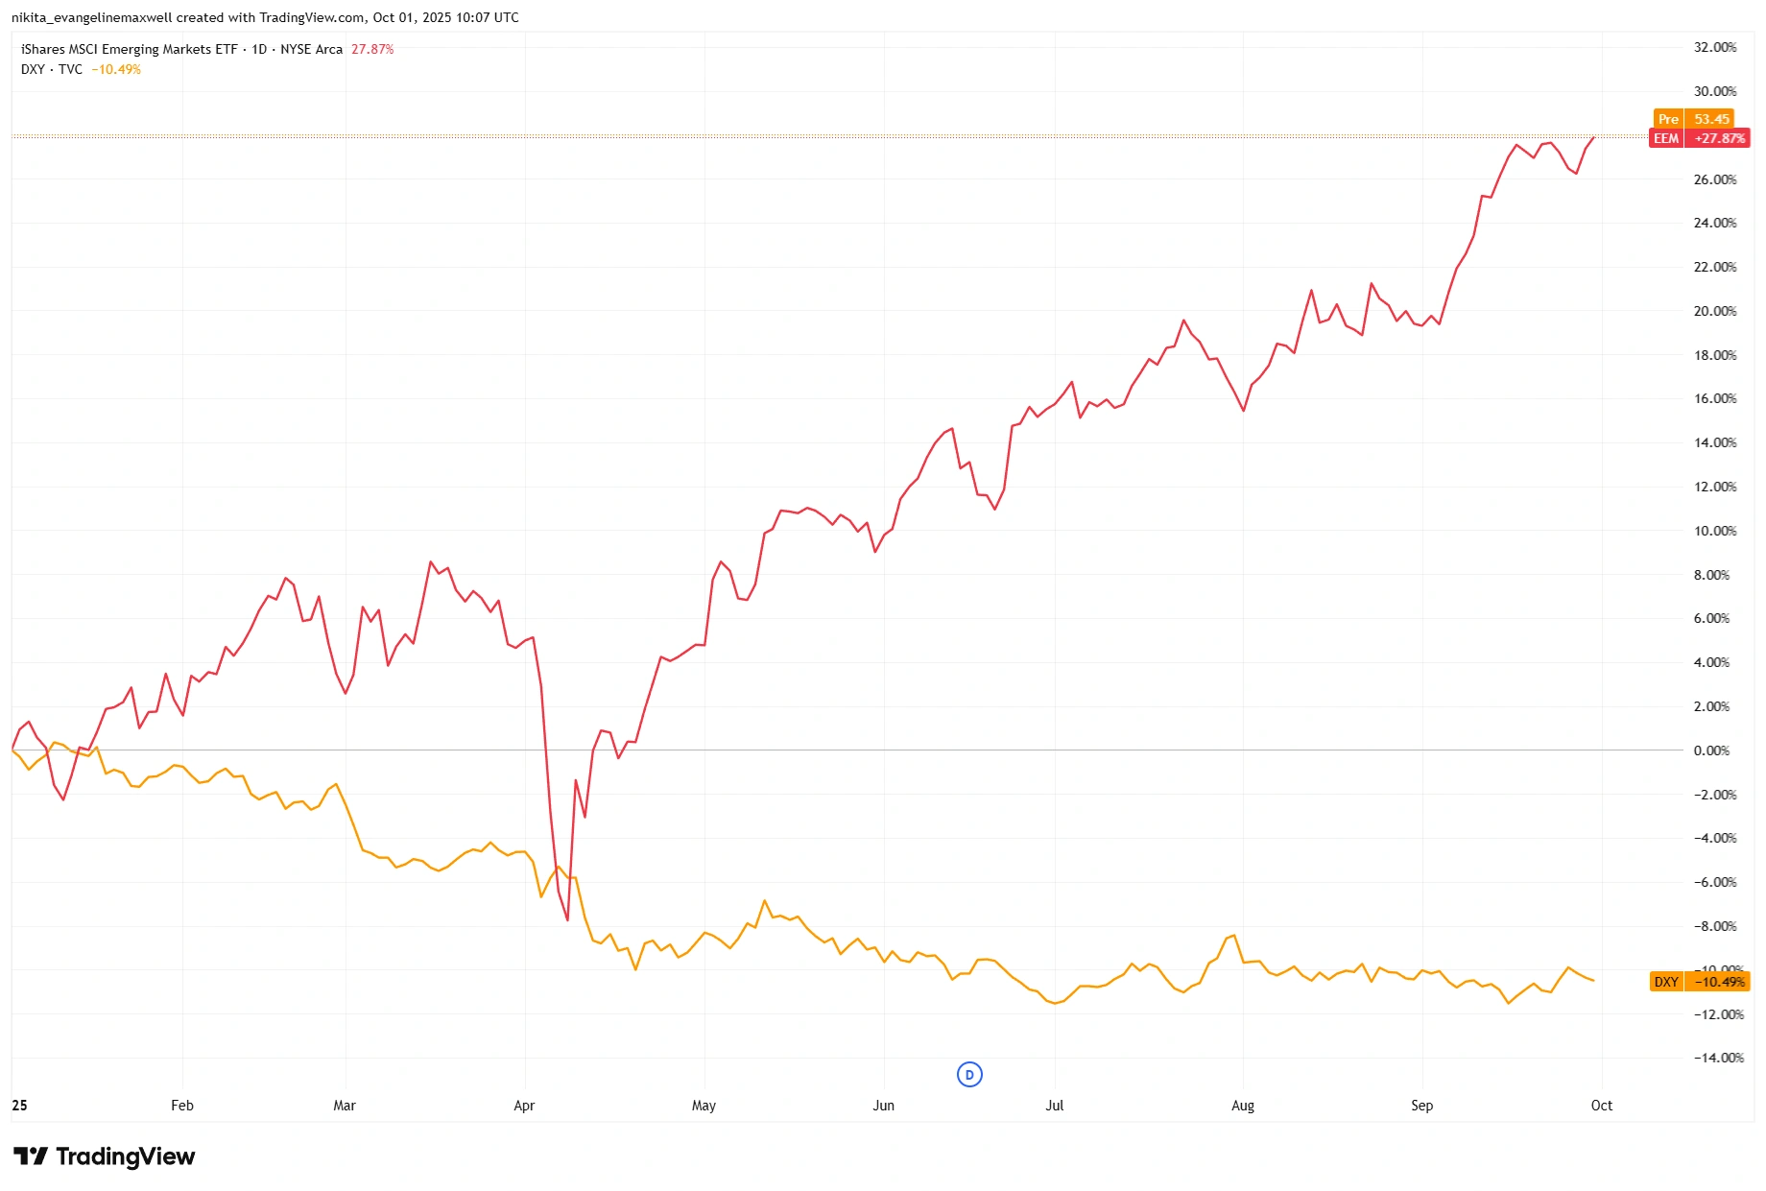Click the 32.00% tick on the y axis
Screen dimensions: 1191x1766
[1714, 47]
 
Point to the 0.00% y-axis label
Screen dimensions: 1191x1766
[1711, 750]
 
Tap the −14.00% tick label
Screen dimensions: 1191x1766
[1718, 1058]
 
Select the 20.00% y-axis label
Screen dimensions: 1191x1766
[1714, 311]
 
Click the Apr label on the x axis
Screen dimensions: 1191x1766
[524, 1106]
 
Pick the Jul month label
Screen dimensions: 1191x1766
[1054, 1106]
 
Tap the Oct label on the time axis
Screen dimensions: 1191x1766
[1601, 1106]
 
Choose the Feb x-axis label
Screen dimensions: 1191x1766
[182, 1106]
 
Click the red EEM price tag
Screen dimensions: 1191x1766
[1699, 138]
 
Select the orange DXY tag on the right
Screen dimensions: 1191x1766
[1699, 982]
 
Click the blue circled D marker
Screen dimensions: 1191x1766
[969, 1075]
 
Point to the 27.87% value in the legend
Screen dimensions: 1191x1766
[372, 49]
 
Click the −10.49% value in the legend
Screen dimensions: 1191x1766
[116, 69]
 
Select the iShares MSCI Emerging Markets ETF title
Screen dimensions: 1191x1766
[129, 49]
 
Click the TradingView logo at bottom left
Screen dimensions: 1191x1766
[104, 1156]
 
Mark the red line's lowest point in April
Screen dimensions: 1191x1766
[567, 920]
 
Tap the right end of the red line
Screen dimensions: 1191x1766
[1593, 138]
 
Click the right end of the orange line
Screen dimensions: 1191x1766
[1593, 981]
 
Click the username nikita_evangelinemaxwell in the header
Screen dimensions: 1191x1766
[91, 17]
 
